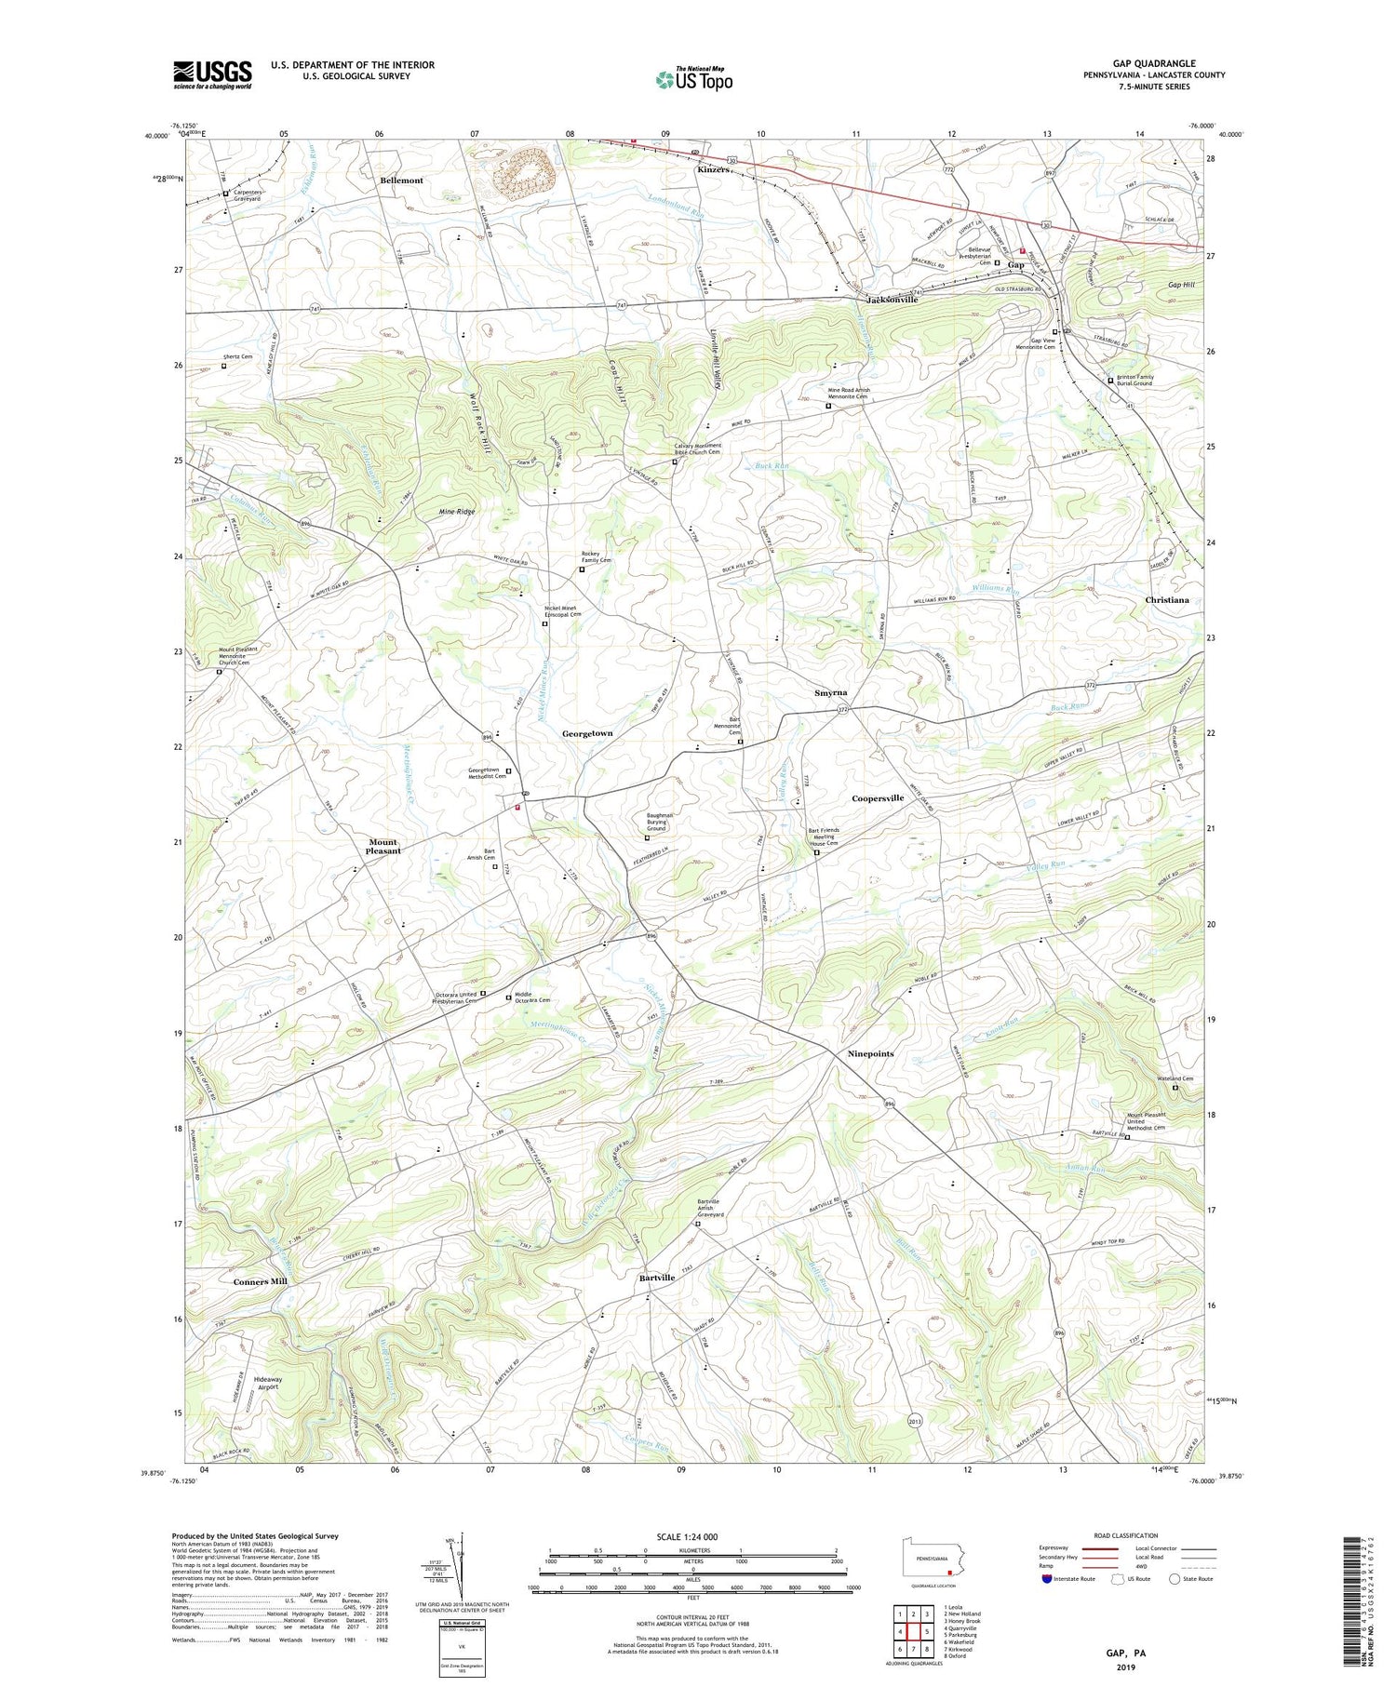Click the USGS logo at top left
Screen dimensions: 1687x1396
(x=212, y=74)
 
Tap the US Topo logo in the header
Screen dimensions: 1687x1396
(x=694, y=80)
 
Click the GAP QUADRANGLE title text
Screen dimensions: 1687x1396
(x=1154, y=63)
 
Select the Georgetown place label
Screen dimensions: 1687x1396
(x=587, y=734)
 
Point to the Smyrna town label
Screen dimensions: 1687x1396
(x=830, y=693)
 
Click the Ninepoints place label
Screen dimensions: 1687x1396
(x=870, y=1054)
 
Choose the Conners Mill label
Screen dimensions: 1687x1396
(x=260, y=1281)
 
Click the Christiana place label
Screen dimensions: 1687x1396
(x=1166, y=600)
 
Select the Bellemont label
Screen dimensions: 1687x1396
(x=401, y=181)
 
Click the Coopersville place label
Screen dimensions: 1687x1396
(x=878, y=798)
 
